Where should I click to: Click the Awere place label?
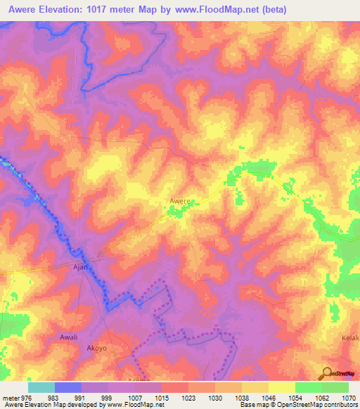tap(180, 201)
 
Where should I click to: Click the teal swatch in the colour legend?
tap(41, 387)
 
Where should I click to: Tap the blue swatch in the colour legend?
tap(68, 387)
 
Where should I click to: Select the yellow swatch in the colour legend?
tap(282, 387)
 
